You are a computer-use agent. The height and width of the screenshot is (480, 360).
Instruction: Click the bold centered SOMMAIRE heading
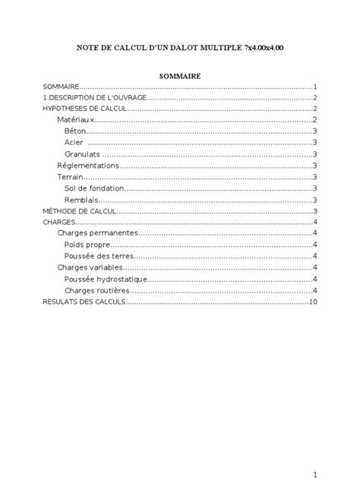179,76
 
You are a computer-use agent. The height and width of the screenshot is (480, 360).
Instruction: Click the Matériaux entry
75,120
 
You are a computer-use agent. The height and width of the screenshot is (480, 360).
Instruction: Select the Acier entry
74,143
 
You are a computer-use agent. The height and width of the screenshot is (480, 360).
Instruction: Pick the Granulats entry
82,154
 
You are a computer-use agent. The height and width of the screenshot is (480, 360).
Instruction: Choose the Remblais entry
82,200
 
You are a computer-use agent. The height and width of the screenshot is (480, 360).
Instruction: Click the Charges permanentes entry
97,233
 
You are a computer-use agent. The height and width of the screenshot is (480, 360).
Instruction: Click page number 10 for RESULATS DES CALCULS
312,302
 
